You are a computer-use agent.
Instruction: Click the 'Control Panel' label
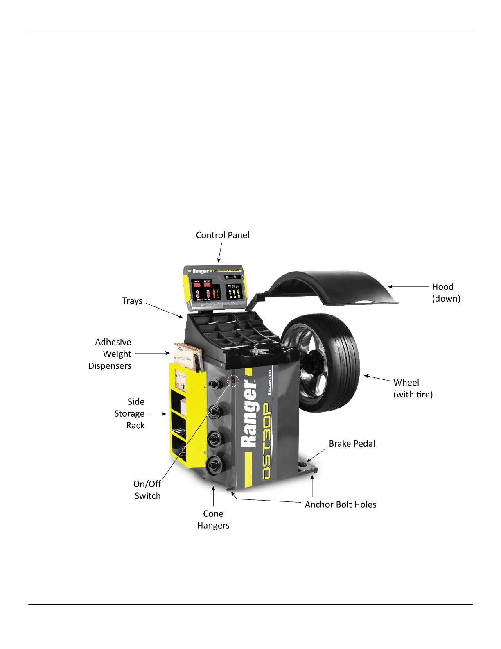pyautogui.click(x=222, y=235)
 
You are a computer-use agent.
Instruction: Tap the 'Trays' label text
pyautogui.click(x=132, y=301)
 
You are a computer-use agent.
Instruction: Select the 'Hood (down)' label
pyautogui.click(x=446, y=293)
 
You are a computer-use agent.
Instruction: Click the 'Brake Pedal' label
pyautogui.click(x=352, y=444)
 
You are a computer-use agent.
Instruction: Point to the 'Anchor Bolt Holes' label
pyautogui.click(x=340, y=504)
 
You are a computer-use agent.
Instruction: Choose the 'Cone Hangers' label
pyautogui.click(x=213, y=520)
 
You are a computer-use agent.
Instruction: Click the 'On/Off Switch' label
pyautogui.click(x=147, y=490)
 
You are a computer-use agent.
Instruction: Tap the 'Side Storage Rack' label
pyautogui.click(x=130, y=413)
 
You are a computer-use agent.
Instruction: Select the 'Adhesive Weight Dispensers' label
pyautogui.click(x=110, y=354)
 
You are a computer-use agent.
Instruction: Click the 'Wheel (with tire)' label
pyautogui.click(x=413, y=388)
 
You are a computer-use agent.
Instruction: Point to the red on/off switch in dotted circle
pyautogui.click(x=233, y=381)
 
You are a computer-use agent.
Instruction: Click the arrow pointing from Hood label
pyautogui.click(x=408, y=287)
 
